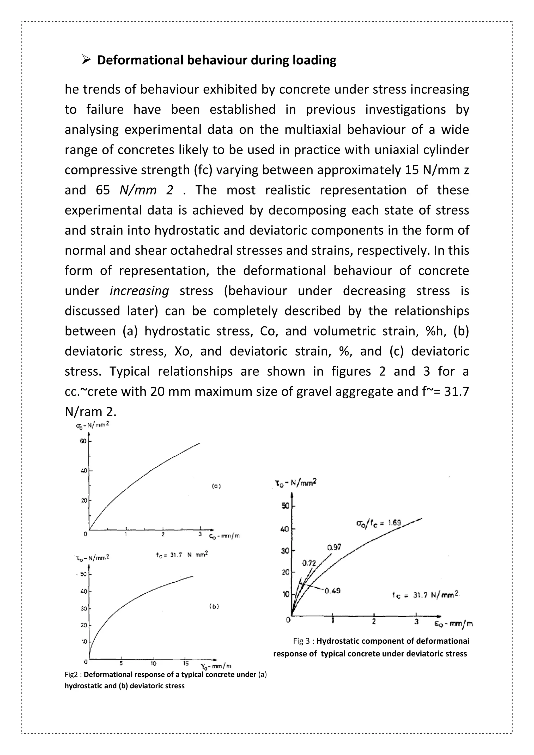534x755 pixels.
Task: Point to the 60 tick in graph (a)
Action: (83, 441)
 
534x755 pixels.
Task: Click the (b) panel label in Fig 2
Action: (214, 606)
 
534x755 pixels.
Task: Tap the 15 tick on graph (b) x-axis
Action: (186, 663)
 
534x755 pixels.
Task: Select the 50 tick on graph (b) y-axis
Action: (83, 574)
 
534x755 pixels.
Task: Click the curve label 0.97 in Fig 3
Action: (334, 547)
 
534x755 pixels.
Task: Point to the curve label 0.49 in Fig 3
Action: (332, 591)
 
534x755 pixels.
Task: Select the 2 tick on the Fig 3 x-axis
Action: (374, 622)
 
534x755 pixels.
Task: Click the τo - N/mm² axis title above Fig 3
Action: (296, 483)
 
